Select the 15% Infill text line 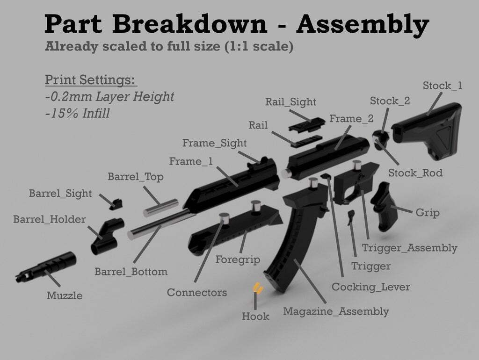tap(77, 114)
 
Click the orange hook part tap(258, 288)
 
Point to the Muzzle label tap(65, 295)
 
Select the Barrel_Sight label tap(60, 193)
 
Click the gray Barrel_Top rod tap(160, 208)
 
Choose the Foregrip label tap(238, 259)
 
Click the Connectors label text tap(197, 293)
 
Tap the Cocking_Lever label tap(370, 287)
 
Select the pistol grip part tap(384, 206)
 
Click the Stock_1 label tap(443, 86)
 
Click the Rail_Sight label tap(290, 101)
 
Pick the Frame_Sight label tap(214, 143)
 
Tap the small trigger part tap(351, 217)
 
